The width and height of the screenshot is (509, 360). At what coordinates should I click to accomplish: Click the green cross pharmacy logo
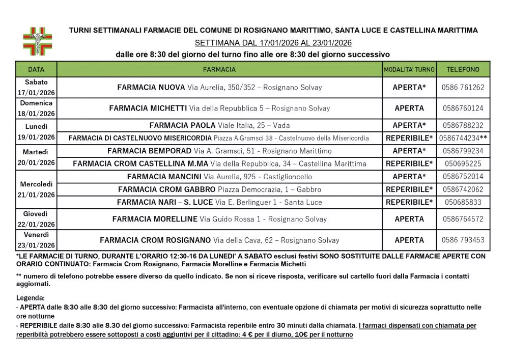click(x=38, y=41)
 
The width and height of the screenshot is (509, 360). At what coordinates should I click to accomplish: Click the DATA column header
click(x=36, y=69)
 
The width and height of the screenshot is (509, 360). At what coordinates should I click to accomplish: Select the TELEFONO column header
click(x=463, y=69)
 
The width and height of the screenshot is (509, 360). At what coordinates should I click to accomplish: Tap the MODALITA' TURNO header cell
click(x=409, y=69)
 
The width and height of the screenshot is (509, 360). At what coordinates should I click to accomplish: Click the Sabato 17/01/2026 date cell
click(x=36, y=87)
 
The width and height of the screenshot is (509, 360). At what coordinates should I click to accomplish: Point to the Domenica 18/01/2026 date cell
click(x=36, y=108)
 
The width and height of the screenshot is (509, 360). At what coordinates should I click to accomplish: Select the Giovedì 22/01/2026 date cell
click(x=36, y=219)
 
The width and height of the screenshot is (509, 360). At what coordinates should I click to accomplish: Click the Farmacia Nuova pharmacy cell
click(x=219, y=88)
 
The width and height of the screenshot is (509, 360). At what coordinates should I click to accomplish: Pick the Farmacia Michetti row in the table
click(x=219, y=108)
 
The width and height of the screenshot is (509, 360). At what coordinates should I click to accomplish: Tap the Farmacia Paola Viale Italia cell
click(x=219, y=125)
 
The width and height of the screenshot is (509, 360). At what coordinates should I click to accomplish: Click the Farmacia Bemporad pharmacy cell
click(x=219, y=151)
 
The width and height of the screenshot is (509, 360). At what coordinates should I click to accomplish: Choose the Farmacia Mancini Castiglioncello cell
click(x=219, y=177)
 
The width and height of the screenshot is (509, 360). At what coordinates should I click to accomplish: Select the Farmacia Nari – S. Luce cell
click(x=219, y=202)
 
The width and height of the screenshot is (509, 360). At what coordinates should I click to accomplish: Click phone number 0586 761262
click(x=463, y=88)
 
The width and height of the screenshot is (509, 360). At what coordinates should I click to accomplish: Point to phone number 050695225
click(x=463, y=164)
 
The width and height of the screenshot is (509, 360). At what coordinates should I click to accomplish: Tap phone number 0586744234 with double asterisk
click(x=463, y=138)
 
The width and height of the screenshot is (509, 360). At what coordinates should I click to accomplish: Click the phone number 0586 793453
click(x=463, y=240)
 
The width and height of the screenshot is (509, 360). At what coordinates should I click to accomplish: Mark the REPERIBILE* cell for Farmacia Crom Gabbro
click(x=409, y=189)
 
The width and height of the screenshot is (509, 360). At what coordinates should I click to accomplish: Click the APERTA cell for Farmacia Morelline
click(x=409, y=219)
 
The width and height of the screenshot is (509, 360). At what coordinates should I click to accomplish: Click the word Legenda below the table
click(x=31, y=297)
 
